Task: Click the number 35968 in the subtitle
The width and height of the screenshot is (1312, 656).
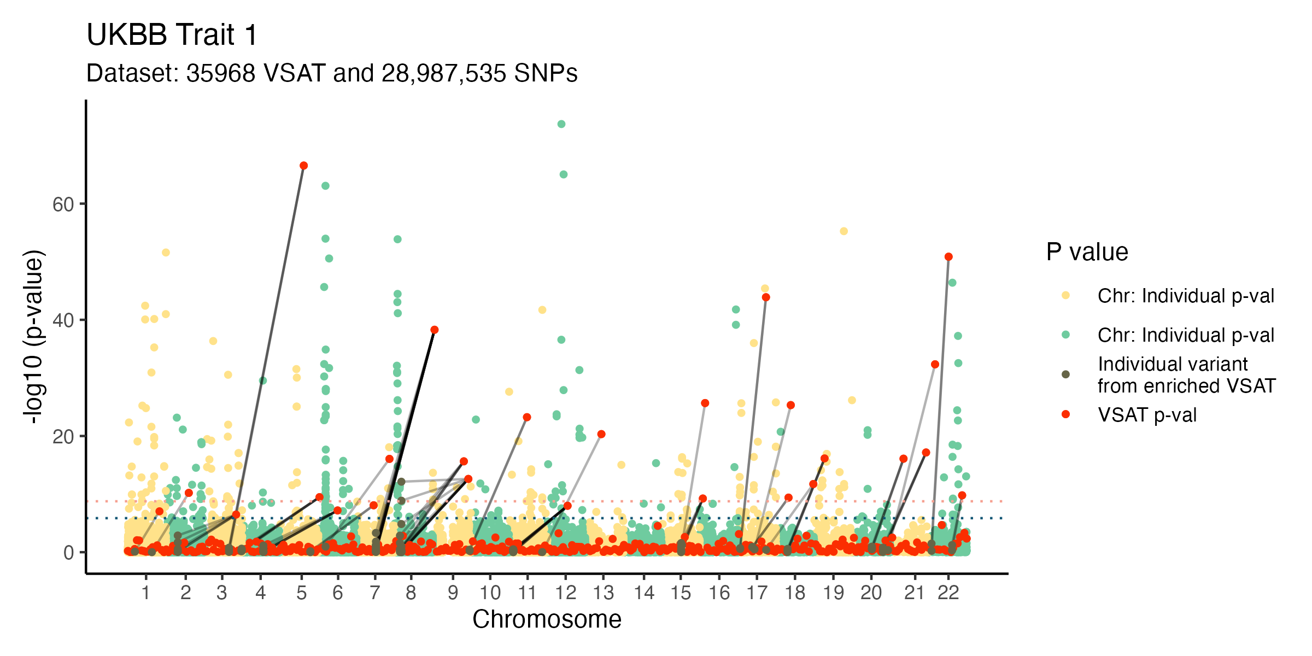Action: pyautogui.click(x=220, y=73)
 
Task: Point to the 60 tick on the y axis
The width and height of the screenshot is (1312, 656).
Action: pyautogui.click(x=63, y=204)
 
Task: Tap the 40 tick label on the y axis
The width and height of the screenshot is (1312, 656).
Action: pyautogui.click(x=63, y=320)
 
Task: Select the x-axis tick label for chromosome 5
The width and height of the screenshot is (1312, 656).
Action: pyautogui.click(x=301, y=593)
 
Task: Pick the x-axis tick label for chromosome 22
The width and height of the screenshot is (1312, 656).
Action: pyautogui.click(x=948, y=593)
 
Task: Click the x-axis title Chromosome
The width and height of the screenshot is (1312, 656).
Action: pyautogui.click(x=547, y=619)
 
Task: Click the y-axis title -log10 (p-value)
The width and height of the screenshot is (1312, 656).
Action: pyautogui.click(x=34, y=336)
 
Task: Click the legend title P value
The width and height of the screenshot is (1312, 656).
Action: pyautogui.click(x=1087, y=252)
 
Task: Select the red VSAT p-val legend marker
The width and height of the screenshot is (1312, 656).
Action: pyautogui.click(x=1065, y=414)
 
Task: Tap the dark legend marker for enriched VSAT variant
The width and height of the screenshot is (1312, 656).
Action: pyautogui.click(x=1065, y=374)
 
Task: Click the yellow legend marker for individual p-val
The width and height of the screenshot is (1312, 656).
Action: pyautogui.click(x=1065, y=296)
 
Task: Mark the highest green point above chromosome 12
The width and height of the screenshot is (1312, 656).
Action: pyautogui.click(x=561, y=124)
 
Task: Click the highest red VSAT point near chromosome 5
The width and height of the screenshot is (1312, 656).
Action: pyautogui.click(x=303, y=166)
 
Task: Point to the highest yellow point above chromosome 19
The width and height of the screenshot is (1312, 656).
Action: pyautogui.click(x=844, y=231)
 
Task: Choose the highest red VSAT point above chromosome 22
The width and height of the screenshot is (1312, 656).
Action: pyautogui.click(x=948, y=257)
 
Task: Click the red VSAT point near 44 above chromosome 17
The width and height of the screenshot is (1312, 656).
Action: pyautogui.click(x=766, y=297)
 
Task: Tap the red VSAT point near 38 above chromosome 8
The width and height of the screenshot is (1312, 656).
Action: pyautogui.click(x=435, y=330)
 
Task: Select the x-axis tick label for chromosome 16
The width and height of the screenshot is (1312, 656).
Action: pyautogui.click(x=719, y=593)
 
